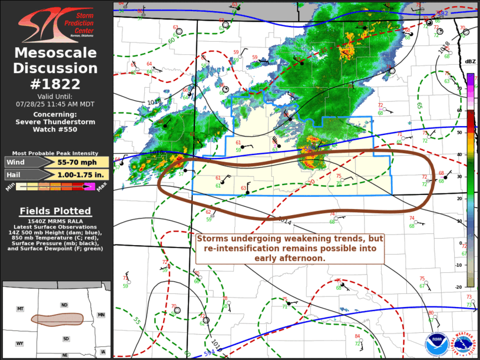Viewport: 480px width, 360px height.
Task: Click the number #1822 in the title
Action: click(x=55, y=83)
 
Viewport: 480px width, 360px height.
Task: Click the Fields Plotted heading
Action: click(x=55, y=211)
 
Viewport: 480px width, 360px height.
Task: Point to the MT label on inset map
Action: click(x=20, y=309)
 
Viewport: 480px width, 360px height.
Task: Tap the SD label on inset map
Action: click(x=66, y=339)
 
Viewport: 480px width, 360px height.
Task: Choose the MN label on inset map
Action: click(x=101, y=315)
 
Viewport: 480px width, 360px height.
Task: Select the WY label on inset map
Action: click(x=19, y=344)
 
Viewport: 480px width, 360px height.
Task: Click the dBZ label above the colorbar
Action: click(x=470, y=62)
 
